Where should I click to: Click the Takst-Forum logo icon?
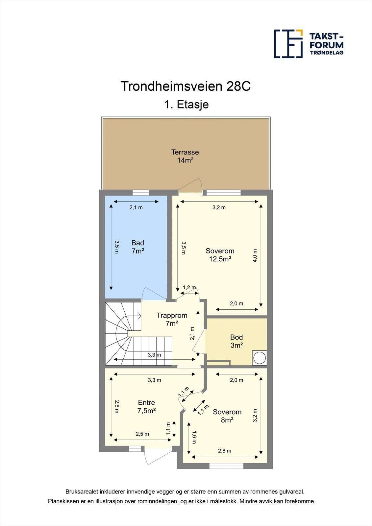[288, 44]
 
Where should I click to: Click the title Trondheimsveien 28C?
[186, 86]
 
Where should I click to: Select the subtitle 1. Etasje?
[186, 105]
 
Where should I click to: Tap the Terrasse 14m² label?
[185, 156]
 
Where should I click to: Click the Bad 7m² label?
[137, 247]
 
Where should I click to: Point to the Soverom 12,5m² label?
[220, 255]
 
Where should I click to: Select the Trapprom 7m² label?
[172, 319]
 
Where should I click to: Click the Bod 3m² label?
[236, 341]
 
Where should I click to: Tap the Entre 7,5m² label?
[146, 406]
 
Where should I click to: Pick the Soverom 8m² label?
[227, 416]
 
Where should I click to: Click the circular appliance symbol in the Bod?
[260, 358]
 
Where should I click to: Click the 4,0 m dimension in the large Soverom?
[255, 255]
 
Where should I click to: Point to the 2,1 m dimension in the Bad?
[136, 207]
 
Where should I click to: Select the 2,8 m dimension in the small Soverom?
[224, 451]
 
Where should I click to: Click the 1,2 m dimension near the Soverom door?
[189, 288]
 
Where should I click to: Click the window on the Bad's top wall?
[141, 193]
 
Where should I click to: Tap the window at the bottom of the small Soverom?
[226, 466]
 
